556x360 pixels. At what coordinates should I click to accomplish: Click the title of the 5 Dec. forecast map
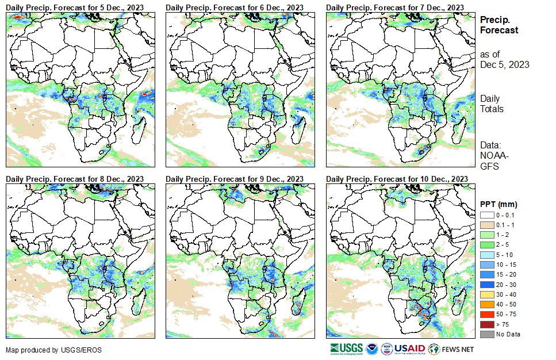coord(75,7)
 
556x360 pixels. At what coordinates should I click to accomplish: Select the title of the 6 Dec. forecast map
coord(235,7)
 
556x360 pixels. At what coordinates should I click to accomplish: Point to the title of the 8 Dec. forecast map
coord(75,179)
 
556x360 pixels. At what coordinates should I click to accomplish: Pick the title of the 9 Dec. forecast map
coord(235,179)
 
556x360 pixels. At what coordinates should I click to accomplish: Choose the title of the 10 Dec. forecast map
coord(397,179)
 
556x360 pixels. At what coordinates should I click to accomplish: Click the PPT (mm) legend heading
coord(499,204)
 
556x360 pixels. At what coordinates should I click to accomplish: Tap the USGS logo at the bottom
coord(347,348)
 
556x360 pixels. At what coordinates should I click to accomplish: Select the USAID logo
coord(409,348)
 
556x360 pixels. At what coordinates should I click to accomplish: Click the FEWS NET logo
coord(452,348)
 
